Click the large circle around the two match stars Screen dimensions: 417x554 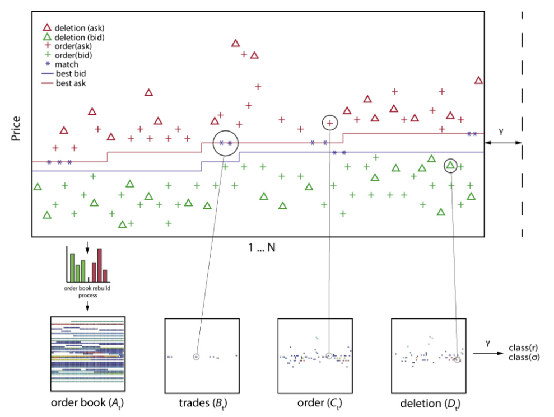click(x=225, y=143)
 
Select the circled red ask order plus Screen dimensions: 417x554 click(x=330, y=123)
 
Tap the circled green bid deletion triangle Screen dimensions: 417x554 click(x=450, y=165)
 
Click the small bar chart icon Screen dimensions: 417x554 click(x=87, y=265)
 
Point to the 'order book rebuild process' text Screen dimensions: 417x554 click(x=87, y=291)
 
